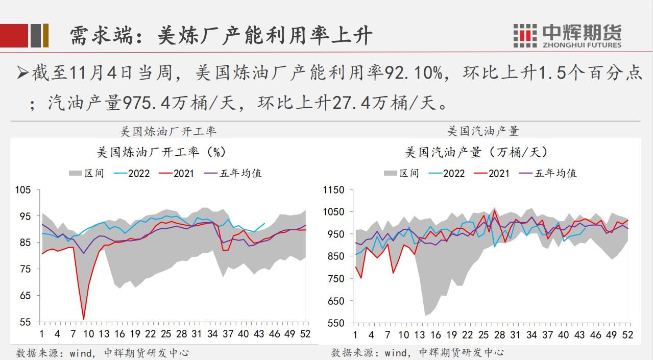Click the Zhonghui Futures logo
(567, 35)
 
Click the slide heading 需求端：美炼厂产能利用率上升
(221, 35)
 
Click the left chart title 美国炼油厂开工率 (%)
(161, 152)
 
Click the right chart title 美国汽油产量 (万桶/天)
(476, 152)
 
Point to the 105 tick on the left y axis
(23, 190)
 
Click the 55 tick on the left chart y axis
(26, 322)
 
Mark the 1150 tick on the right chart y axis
(335, 190)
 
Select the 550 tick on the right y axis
(337, 323)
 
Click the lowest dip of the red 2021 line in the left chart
(84, 319)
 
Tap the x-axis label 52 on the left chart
(305, 334)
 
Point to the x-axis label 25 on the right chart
(484, 334)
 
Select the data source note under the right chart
(417, 352)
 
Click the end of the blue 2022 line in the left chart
(264, 223)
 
